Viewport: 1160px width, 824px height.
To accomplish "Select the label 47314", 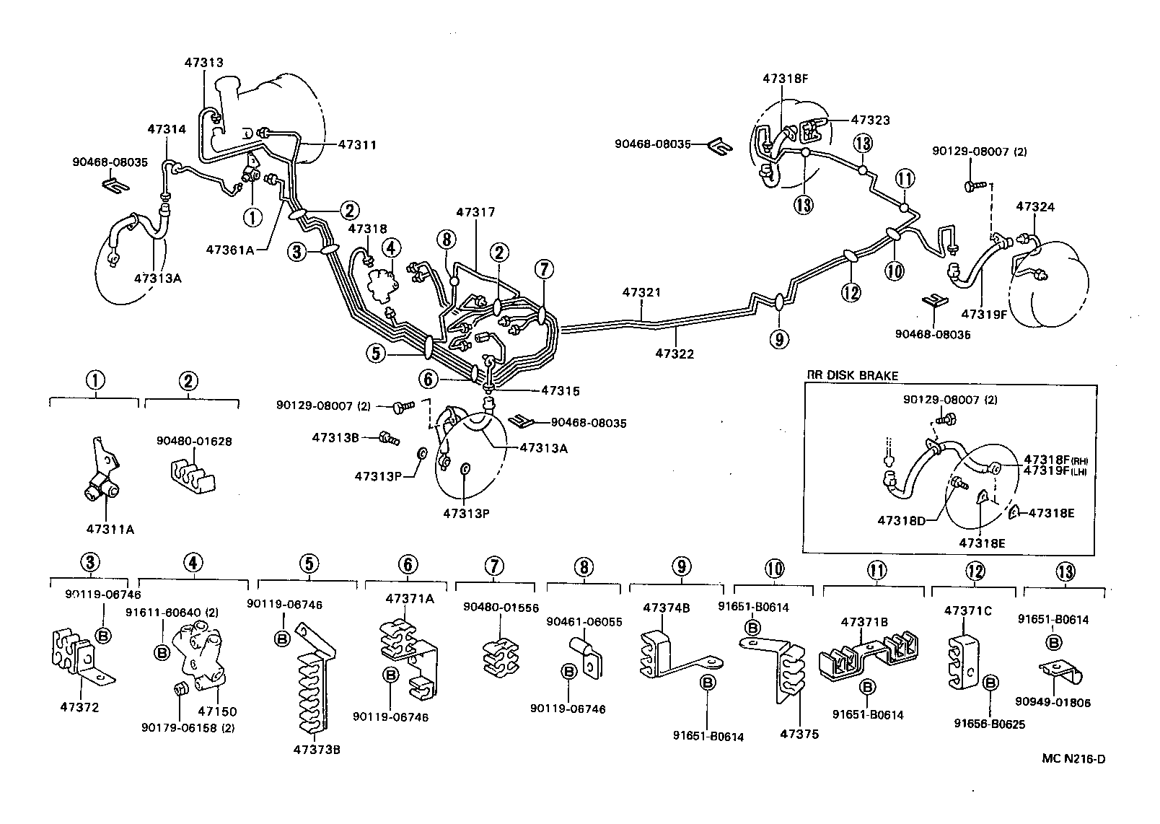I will coord(167,129).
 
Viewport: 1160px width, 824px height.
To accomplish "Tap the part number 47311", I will coord(357,144).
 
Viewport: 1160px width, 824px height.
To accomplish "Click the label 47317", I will coord(475,212).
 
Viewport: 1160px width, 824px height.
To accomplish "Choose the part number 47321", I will coord(641,292).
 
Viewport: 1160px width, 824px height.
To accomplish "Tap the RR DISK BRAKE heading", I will coord(852,375).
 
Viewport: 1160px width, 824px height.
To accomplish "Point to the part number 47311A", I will coord(110,529).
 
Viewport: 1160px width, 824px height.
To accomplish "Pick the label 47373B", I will coord(316,749).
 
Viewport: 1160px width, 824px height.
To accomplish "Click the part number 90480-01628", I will coord(195,441).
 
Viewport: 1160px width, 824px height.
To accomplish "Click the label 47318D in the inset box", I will coord(902,520).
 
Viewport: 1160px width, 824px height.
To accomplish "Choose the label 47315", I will coord(561,390).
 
